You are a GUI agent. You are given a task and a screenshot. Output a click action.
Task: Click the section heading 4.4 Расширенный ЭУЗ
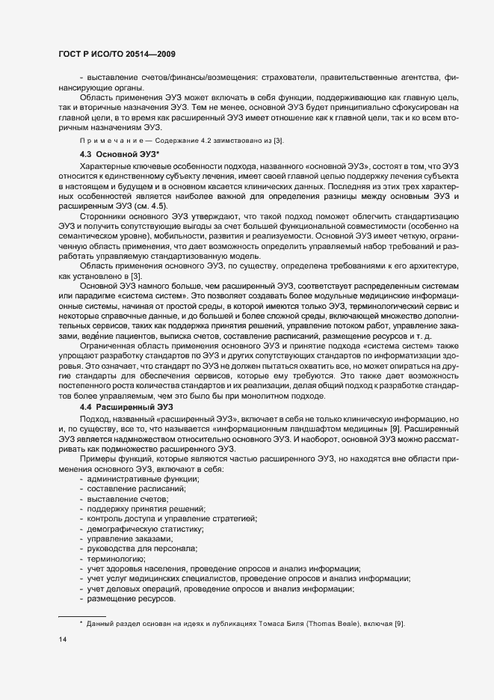(120, 405)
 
